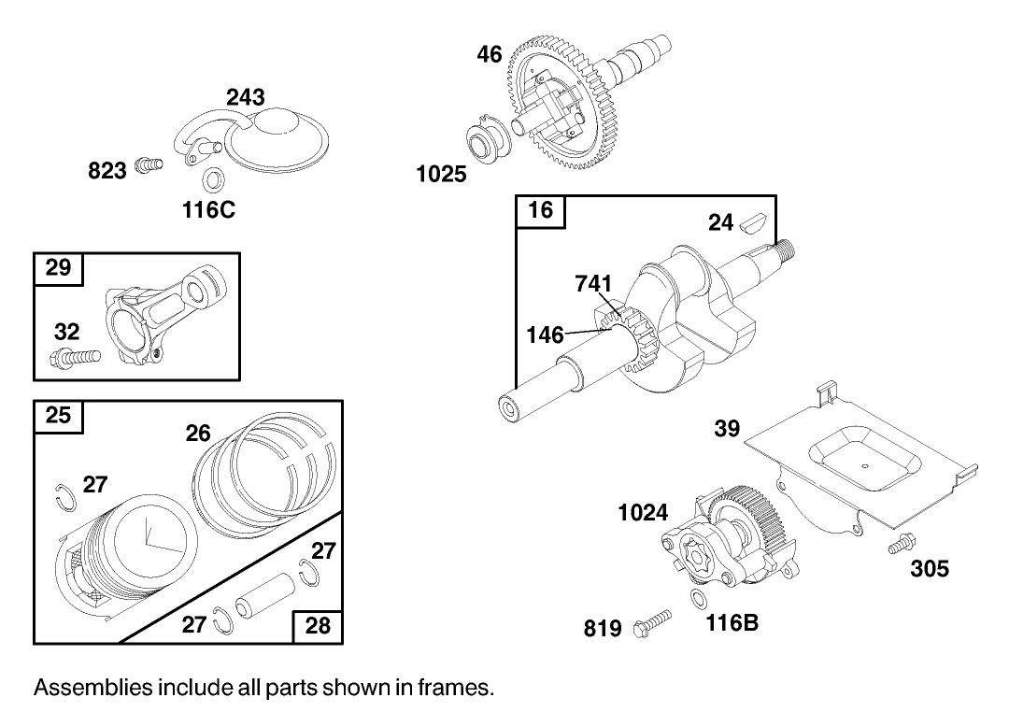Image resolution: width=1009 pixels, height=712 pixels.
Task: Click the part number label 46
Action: (x=490, y=54)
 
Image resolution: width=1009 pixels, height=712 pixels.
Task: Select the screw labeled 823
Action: (x=147, y=165)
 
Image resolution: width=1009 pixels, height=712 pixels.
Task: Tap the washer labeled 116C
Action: (x=213, y=178)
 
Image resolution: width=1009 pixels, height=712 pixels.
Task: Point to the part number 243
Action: (x=245, y=97)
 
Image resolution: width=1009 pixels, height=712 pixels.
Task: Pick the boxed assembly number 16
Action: (x=540, y=209)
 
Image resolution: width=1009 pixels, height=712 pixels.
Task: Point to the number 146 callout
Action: (x=545, y=334)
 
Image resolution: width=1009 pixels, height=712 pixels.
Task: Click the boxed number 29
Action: (x=58, y=267)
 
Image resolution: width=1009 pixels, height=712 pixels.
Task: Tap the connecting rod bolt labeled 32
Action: (x=75, y=357)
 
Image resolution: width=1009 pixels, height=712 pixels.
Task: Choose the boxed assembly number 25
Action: (x=58, y=415)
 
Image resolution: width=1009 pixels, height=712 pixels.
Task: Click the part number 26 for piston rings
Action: (x=198, y=433)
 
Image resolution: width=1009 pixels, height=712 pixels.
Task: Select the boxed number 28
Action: (x=318, y=625)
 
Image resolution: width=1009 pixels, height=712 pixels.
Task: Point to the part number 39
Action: (x=727, y=428)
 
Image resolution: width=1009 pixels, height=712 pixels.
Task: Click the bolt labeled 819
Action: (x=654, y=621)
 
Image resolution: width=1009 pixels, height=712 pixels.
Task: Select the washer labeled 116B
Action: (x=697, y=598)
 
